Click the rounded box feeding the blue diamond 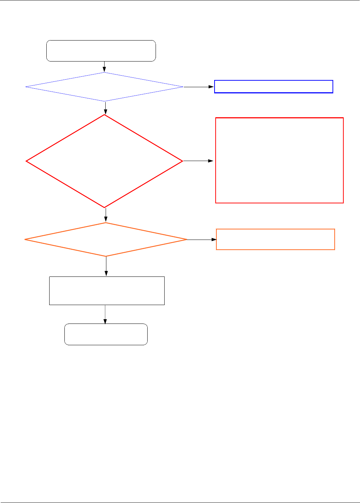pos(101,51)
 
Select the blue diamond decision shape pos(104,87)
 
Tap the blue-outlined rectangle pos(274,87)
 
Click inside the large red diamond pos(104,161)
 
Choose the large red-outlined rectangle pos(279,160)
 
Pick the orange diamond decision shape pos(106,240)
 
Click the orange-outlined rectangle pos(275,239)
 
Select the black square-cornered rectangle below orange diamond pos(107,291)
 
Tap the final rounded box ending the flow pos(106,334)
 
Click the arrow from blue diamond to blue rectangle pos(199,87)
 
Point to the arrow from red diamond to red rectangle pos(198,161)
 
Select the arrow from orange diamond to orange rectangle pos(202,240)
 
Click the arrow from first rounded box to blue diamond pos(104,67)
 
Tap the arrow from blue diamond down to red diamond pos(105,108)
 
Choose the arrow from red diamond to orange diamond pos(106,215)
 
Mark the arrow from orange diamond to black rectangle pos(106,266)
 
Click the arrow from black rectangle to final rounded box pos(105,314)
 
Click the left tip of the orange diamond pos(25,240)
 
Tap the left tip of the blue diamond pos(26,87)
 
